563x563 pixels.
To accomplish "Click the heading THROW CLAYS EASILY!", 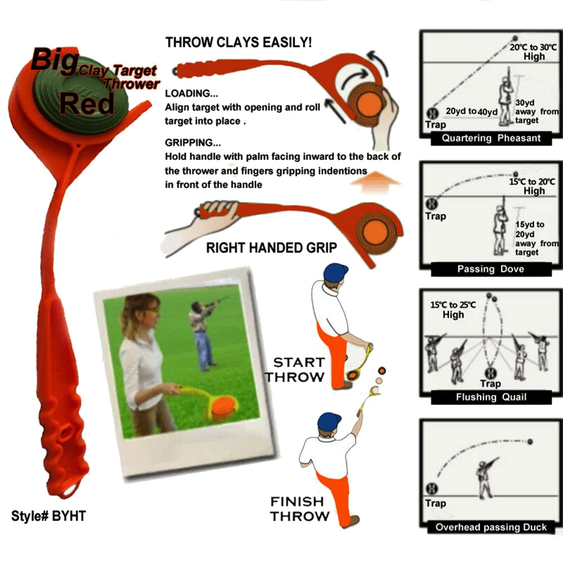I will coord(239,43).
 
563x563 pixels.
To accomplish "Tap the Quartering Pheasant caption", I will coord(491,138).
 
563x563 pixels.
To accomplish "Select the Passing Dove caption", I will coord(490,269).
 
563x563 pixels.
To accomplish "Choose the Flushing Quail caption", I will coord(491,397).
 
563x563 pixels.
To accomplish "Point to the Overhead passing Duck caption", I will coord(491,528).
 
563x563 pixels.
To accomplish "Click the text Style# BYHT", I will coord(48,516).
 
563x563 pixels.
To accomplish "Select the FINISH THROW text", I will coord(298,508).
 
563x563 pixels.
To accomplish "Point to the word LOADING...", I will coord(187,94).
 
